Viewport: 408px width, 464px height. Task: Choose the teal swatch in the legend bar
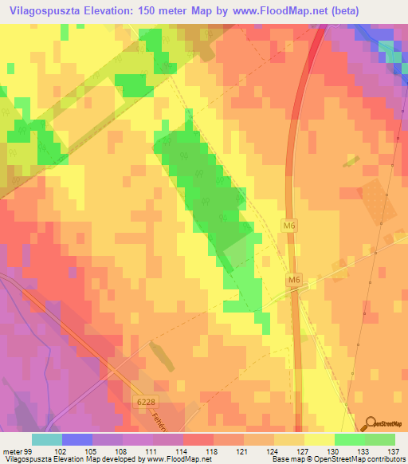(47, 439)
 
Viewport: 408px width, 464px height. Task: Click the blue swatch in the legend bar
(77, 439)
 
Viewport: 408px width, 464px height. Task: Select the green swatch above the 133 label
(349, 439)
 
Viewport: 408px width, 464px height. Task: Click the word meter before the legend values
(11, 451)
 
